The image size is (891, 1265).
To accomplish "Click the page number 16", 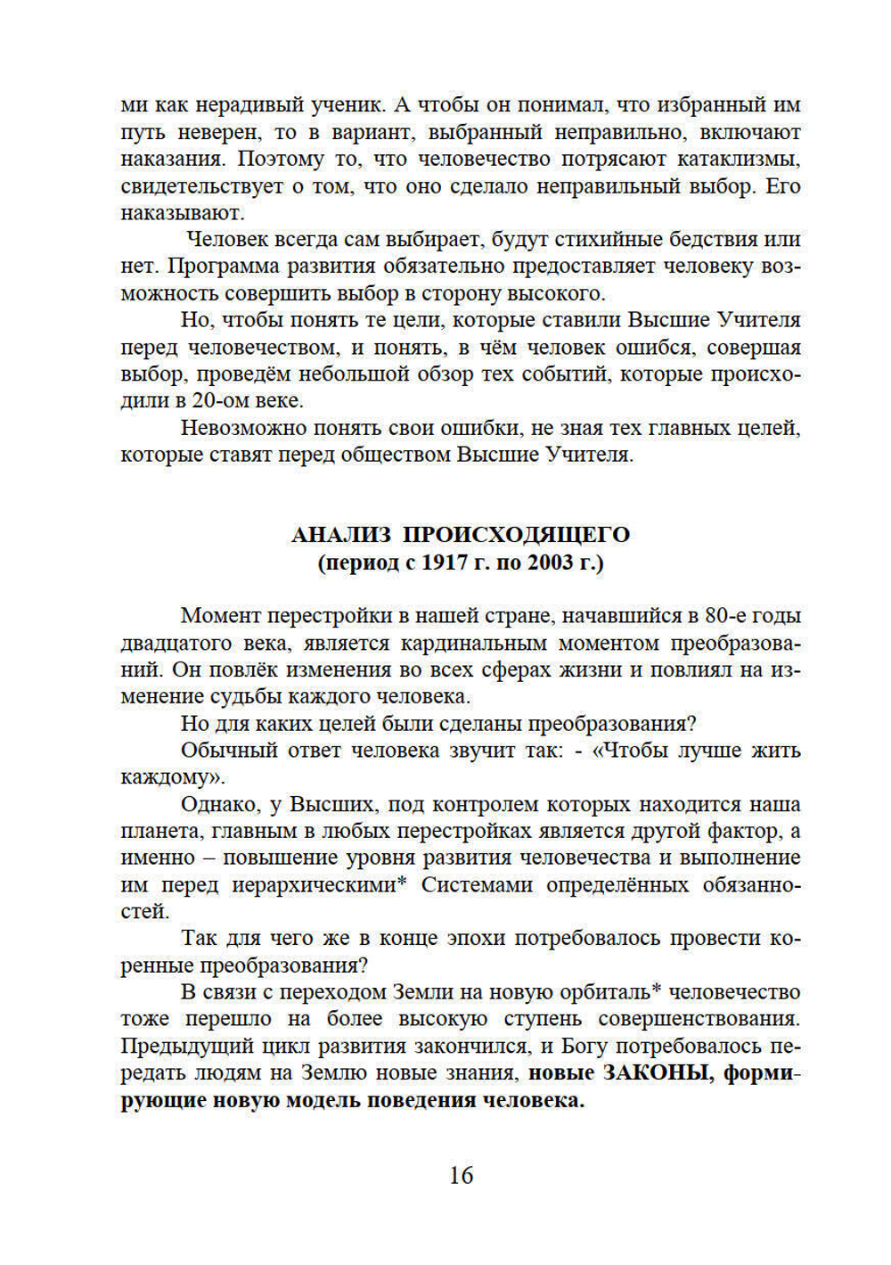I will pyautogui.click(x=461, y=1175).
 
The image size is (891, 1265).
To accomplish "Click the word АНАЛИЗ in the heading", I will pyautogui.click(x=340, y=535).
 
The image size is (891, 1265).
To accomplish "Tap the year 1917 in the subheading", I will pyautogui.click(x=445, y=563).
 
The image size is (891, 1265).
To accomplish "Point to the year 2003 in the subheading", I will pyautogui.click(x=551, y=563).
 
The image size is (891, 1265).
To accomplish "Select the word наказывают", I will pyautogui.click(x=182, y=213).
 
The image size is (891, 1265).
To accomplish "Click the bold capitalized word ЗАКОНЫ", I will pyautogui.click(x=658, y=1073).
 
